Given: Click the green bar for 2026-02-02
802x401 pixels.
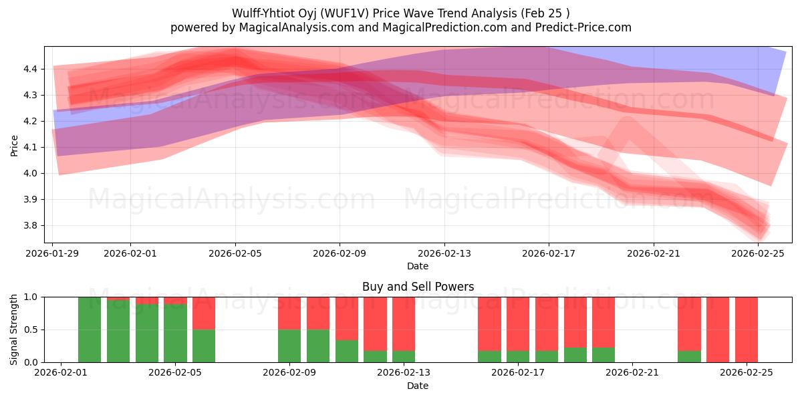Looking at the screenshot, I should click(90, 329).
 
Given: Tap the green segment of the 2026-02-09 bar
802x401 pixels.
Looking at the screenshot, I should click(289, 346).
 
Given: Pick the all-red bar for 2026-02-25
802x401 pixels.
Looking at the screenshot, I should click(746, 329).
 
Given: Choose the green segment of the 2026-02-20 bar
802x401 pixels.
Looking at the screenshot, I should click(604, 355).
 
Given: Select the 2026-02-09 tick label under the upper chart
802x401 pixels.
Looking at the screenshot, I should click(340, 254).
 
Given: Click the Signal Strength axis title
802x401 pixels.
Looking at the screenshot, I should click(14, 329).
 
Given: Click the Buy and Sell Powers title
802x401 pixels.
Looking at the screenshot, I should click(418, 287).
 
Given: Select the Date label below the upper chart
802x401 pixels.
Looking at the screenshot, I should click(418, 266).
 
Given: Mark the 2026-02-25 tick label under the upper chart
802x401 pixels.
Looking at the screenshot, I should click(758, 254).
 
